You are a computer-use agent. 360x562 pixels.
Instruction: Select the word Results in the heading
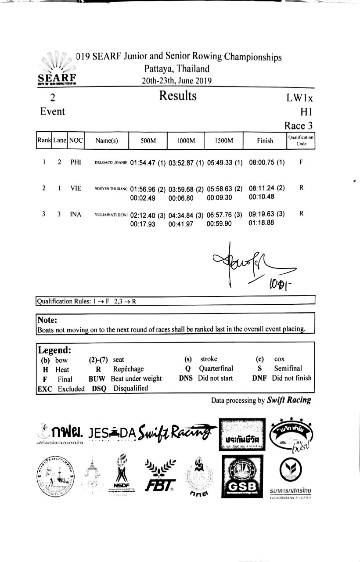tap(177, 96)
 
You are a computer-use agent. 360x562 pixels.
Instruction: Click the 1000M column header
tap(186, 141)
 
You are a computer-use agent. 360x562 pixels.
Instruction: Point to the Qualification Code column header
tap(301, 140)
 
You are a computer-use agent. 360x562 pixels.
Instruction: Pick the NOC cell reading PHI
tap(76, 162)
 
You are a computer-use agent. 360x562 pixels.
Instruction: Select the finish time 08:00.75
tap(262, 162)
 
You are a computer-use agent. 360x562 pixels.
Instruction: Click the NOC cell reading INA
tap(76, 214)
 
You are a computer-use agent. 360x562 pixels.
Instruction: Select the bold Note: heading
tap(47, 321)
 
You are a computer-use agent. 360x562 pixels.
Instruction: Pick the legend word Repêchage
tap(128, 369)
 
